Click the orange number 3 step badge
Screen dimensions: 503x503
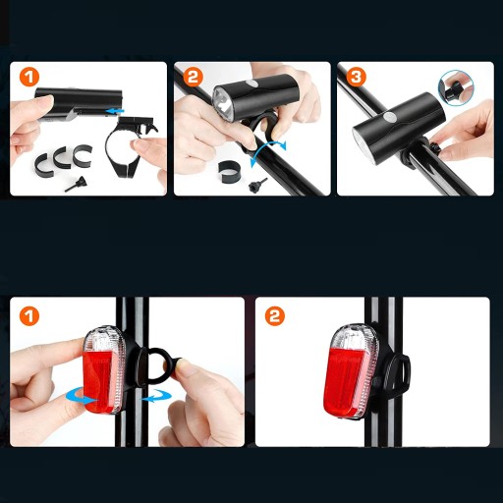pos(356,78)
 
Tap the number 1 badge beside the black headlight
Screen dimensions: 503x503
pos(29,78)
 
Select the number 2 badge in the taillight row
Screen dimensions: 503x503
pos(275,316)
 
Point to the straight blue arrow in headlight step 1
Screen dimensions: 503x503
pos(115,112)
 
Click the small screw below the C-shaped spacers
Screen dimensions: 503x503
pos(75,184)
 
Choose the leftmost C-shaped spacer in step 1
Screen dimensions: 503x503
pos(44,164)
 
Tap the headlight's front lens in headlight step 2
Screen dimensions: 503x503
pos(224,103)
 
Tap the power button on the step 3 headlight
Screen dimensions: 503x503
pos(390,117)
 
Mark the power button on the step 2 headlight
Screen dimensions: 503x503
pos(251,84)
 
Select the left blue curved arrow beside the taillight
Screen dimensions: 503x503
pos(81,395)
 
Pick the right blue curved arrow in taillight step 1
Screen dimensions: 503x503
pos(156,395)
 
